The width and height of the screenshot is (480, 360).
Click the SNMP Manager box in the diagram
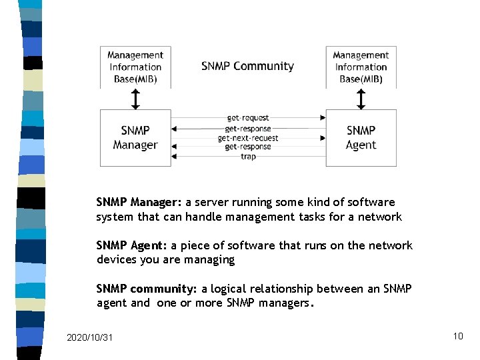(135, 137)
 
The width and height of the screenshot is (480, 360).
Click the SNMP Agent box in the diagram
(361, 137)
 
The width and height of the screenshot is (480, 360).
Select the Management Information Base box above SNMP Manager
(135, 67)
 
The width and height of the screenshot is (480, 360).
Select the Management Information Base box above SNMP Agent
(361, 67)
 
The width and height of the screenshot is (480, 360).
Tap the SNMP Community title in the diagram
(247, 66)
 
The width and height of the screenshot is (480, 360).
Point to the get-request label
(248, 118)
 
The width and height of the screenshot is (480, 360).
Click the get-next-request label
(248, 138)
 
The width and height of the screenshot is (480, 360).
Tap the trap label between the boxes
(248, 157)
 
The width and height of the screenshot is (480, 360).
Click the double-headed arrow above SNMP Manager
(135, 99)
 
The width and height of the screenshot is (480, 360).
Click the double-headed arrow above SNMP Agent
(361, 99)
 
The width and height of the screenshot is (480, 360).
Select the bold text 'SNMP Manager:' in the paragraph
(139, 202)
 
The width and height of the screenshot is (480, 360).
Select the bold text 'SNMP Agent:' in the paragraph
(132, 245)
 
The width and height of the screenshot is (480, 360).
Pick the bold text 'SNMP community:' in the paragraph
(146, 289)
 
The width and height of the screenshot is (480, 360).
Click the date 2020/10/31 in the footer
(90, 337)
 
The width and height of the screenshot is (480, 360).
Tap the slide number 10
(457, 336)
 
